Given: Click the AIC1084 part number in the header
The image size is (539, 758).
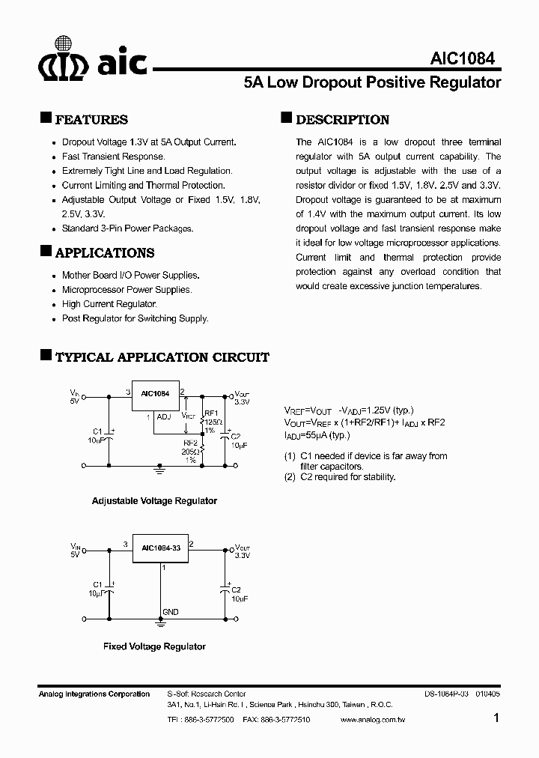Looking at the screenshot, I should (462, 59).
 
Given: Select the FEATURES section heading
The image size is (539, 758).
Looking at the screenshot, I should (91, 120).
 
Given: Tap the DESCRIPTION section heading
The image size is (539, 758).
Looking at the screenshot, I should (342, 120).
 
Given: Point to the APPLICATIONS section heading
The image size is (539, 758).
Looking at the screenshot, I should (105, 253).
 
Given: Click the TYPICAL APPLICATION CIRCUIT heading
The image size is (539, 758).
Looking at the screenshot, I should (162, 358).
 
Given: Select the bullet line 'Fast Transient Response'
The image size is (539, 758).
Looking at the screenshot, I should (113, 157).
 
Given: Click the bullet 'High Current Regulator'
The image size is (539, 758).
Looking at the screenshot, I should (109, 304).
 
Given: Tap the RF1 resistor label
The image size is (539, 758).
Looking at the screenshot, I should (210, 413).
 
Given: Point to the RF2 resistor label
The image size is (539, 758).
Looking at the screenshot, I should (190, 443).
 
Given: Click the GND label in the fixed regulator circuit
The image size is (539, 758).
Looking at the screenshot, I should (170, 612).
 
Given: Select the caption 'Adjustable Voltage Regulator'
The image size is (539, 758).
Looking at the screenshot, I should (154, 501).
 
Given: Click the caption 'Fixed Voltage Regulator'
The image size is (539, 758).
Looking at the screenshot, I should (154, 646).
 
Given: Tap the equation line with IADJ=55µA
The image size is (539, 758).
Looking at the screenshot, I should (317, 435).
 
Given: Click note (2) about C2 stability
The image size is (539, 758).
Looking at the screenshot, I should (340, 477).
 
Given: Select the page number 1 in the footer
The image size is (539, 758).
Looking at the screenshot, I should (497, 718).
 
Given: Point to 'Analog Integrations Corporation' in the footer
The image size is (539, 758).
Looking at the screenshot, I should (94, 694).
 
